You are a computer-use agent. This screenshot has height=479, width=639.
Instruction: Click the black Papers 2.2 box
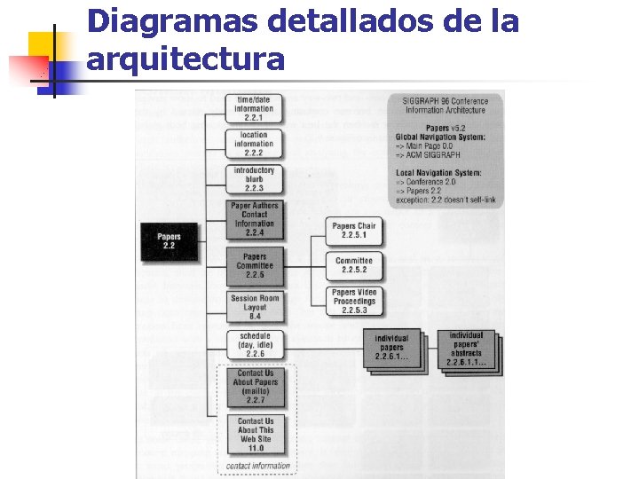(169, 240)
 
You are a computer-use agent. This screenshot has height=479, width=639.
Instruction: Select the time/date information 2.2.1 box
(255, 108)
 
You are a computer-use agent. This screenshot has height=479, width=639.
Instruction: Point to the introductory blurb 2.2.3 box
(255, 178)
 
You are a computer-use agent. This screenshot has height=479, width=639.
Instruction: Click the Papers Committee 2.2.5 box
(255, 265)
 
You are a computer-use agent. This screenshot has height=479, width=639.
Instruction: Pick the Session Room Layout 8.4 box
(255, 307)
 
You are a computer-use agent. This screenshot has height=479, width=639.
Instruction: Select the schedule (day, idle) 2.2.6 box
(255, 344)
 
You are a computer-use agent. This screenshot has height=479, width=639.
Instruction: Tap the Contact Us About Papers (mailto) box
(256, 387)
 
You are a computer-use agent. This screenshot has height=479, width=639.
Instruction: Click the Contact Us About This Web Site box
(256, 434)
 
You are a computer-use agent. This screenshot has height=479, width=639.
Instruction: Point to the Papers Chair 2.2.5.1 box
(354, 231)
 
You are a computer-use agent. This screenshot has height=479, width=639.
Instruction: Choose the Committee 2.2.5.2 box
(354, 265)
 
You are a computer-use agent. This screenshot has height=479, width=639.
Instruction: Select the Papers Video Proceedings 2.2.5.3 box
(354, 301)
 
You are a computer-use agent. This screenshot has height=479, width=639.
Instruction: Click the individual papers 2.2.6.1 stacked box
(390, 347)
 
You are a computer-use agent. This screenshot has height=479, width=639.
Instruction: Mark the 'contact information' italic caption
(256, 465)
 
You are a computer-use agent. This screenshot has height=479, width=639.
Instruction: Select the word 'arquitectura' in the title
(186, 59)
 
